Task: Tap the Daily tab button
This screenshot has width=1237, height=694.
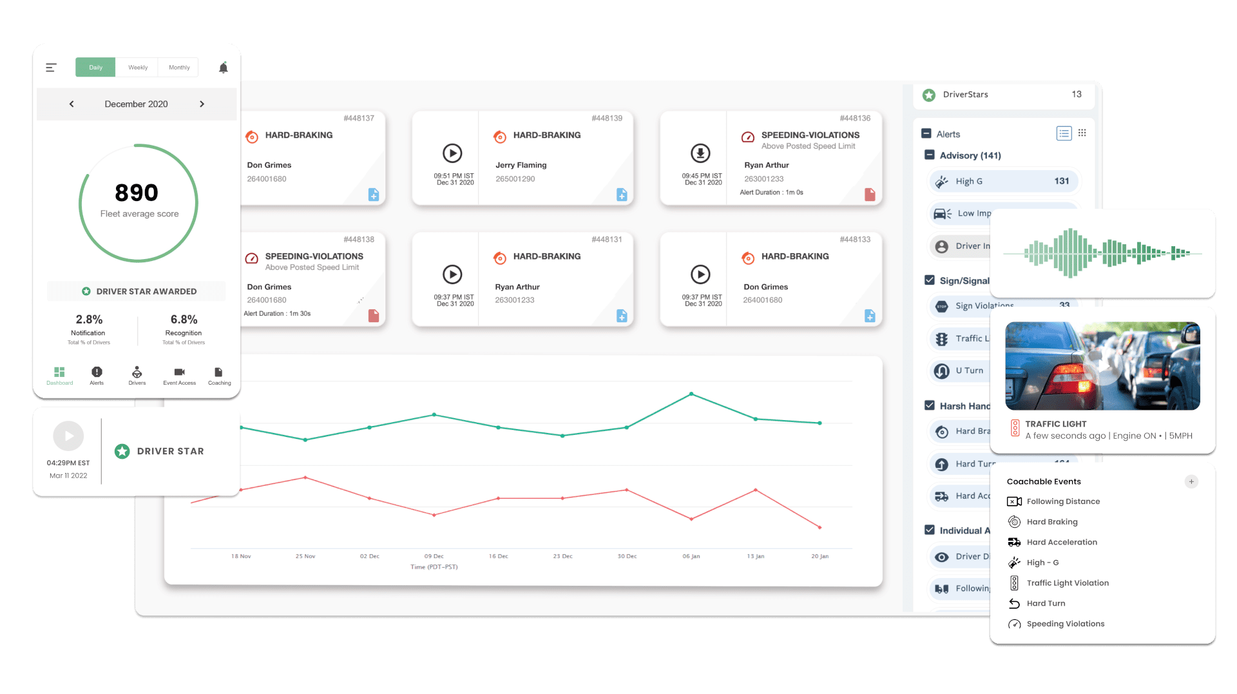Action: point(95,68)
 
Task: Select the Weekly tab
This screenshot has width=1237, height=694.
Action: point(138,68)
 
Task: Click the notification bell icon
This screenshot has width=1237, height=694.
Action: point(224,68)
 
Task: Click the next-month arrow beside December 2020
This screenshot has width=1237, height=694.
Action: point(202,104)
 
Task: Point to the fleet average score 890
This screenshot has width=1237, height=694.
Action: point(137,193)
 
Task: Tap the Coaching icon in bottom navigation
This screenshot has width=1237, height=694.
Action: point(218,375)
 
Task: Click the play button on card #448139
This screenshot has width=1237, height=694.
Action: point(452,153)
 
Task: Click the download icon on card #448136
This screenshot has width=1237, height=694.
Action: point(700,153)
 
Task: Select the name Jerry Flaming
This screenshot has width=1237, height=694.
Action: point(521,165)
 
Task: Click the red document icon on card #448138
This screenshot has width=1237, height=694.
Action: point(374,316)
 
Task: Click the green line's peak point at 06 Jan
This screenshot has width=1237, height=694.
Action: point(691,394)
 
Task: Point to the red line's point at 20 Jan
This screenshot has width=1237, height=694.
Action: point(820,527)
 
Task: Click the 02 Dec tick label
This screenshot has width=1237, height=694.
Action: point(369,556)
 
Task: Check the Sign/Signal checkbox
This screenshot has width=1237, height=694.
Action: point(930,280)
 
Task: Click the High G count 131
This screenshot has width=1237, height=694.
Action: point(1061,181)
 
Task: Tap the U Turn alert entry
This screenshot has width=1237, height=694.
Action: point(969,371)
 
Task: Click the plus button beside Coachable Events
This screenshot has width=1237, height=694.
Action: point(1191,481)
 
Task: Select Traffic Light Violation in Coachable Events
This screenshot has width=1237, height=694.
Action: point(1067,583)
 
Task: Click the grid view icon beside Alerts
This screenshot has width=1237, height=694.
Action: point(1082,133)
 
